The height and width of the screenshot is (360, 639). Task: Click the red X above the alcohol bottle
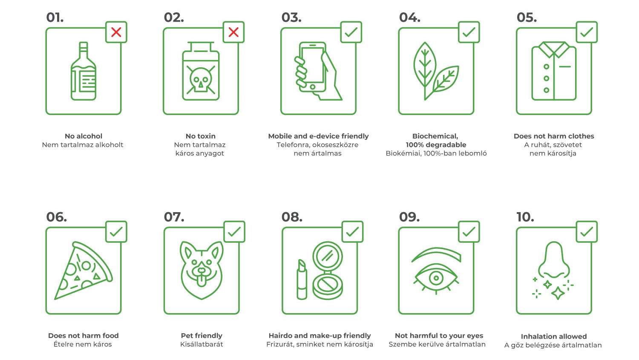coord(116,32)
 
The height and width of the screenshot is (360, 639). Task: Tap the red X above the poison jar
coord(233,32)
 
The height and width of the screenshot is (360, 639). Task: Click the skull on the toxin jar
coord(201,80)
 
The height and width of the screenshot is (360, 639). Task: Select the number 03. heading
coord(291,17)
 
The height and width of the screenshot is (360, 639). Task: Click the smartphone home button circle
coord(313,87)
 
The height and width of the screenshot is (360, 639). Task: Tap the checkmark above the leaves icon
coord(469,32)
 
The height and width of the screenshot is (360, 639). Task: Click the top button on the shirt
coord(546,67)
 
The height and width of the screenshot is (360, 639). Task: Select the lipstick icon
coord(302,279)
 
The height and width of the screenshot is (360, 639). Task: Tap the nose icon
coord(554,260)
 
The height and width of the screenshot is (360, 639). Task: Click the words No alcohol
coord(83,136)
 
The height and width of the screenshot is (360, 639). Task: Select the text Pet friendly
coord(201,335)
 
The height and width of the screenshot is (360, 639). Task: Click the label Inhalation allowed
coord(554,336)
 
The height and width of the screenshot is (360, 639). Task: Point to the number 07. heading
coord(174,217)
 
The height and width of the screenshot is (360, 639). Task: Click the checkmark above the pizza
coord(116,232)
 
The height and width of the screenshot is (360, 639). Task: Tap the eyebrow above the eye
coord(437,254)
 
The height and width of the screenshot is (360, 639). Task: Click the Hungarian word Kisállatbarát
coord(201,344)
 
